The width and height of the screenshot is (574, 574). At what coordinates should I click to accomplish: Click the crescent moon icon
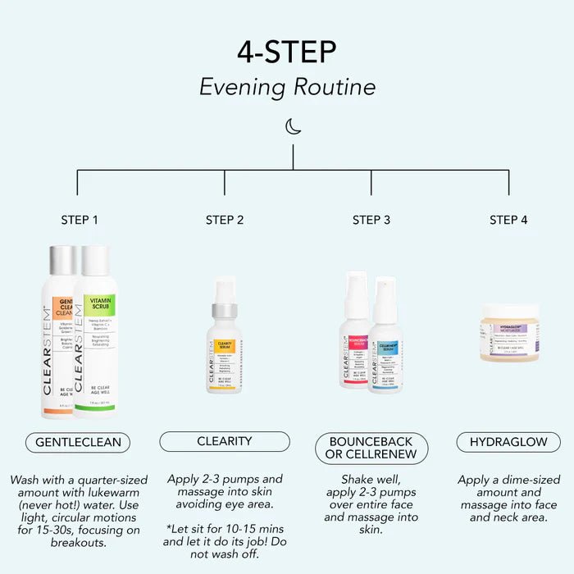tap(293, 126)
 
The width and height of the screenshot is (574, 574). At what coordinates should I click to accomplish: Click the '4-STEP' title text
tap(287, 51)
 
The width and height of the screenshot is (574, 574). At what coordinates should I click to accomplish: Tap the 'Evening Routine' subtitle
tap(287, 87)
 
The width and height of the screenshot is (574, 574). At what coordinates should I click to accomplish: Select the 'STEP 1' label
tap(80, 220)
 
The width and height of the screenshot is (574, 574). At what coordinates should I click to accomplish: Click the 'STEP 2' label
tap(225, 220)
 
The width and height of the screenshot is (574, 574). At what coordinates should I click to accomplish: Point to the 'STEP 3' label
tap(371, 220)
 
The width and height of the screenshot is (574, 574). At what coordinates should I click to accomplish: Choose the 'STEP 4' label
tap(508, 220)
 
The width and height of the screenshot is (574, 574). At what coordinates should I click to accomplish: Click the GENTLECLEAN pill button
tap(78, 442)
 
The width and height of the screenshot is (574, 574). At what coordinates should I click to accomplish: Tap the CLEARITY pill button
tap(224, 441)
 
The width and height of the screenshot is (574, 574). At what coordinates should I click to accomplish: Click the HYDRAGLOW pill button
tap(508, 442)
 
